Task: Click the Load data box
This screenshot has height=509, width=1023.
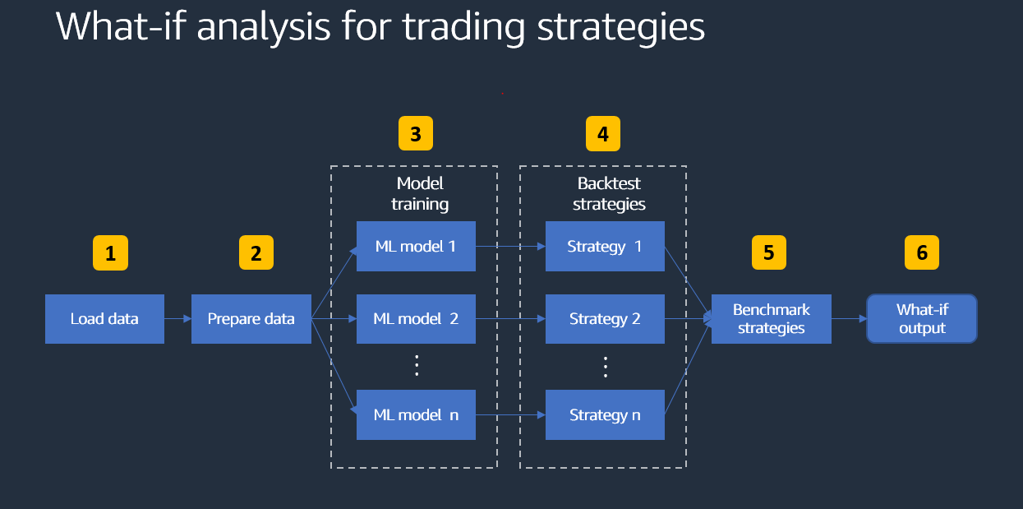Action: coord(104,319)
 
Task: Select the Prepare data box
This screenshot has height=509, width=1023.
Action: coord(251,319)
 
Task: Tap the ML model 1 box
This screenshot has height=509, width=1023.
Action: coord(416,246)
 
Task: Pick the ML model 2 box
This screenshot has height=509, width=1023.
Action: coord(416,319)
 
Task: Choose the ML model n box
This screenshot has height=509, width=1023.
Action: coord(416,415)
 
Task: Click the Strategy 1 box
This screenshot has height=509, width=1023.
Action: coord(605,246)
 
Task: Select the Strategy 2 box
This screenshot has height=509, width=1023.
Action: coord(605,319)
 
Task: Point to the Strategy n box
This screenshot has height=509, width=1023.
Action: coord(605,415)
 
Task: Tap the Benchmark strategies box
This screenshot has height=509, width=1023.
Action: coord(771,319)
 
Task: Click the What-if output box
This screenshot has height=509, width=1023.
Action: coord(921,319)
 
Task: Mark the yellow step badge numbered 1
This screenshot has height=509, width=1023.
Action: coord(110,254)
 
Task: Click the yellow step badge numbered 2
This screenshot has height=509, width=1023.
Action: coord(256,254)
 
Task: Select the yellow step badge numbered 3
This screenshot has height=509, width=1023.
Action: coord(415,134)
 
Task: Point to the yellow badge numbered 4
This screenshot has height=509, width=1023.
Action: coord(603,134)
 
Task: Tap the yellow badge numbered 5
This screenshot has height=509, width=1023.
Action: coord(768,253)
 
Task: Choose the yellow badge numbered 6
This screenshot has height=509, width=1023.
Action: coord(921,253)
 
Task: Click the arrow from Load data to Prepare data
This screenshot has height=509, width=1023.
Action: coord(177,319)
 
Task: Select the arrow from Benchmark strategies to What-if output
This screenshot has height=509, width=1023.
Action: coord(849,319)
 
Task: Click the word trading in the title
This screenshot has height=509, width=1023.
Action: coord(463,26)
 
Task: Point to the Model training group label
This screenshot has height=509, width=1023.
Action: coord(419,193)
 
